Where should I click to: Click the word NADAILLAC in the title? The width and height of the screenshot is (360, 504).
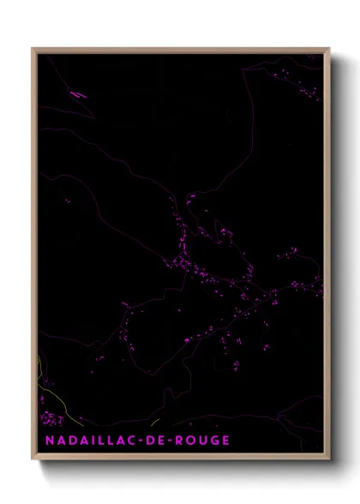click(86, 441)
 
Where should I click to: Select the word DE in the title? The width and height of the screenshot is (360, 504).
click(157, 441)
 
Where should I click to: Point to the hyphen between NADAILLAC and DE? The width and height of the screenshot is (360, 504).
click(141, 441)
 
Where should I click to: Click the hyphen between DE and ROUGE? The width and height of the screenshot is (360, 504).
click(172, 441)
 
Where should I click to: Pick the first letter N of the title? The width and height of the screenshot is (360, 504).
click(43, 441)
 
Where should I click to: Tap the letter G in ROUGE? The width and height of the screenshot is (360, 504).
click(214, 441)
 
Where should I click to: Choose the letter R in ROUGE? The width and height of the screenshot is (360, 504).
click(181, 441)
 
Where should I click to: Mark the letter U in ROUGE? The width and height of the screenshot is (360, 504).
click(203, 441)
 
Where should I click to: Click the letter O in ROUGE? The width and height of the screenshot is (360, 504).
click(192, 441)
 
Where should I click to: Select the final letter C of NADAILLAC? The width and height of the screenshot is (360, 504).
click(133, 441)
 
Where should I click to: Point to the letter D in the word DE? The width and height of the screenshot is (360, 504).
click(151, 441)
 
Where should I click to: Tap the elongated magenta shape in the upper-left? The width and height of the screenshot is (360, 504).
click(77, 94)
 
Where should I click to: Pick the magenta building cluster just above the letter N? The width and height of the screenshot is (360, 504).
click(51, 419)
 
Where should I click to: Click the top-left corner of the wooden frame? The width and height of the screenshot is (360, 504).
click(33, 50)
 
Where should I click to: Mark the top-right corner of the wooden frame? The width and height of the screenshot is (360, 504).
click(328, 50)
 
